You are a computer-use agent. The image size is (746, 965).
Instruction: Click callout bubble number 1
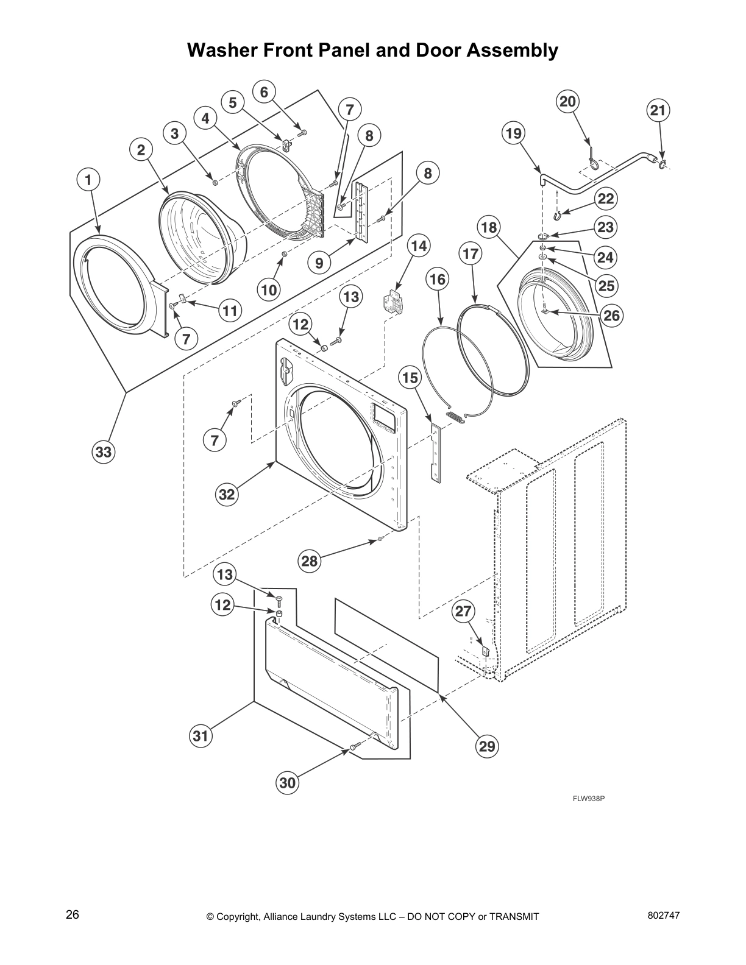pos(88,180)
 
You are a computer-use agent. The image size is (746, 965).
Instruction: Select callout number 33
pos(103,452)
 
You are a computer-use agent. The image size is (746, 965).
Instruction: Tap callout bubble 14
pos(417,246)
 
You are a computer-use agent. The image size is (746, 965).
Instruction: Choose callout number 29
pos(487,746)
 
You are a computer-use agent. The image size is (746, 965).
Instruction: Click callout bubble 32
pos(227,494)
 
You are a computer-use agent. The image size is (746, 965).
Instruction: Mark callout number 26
pos(611,315)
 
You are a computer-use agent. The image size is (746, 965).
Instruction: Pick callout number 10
pos(269,290)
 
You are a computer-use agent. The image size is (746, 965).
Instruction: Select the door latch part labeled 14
pos(390,303)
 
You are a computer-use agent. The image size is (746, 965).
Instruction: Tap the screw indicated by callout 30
pos(353,746)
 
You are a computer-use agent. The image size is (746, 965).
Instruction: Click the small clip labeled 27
pos(486,651)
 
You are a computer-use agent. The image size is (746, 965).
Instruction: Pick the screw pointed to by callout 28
pos(379,539)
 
